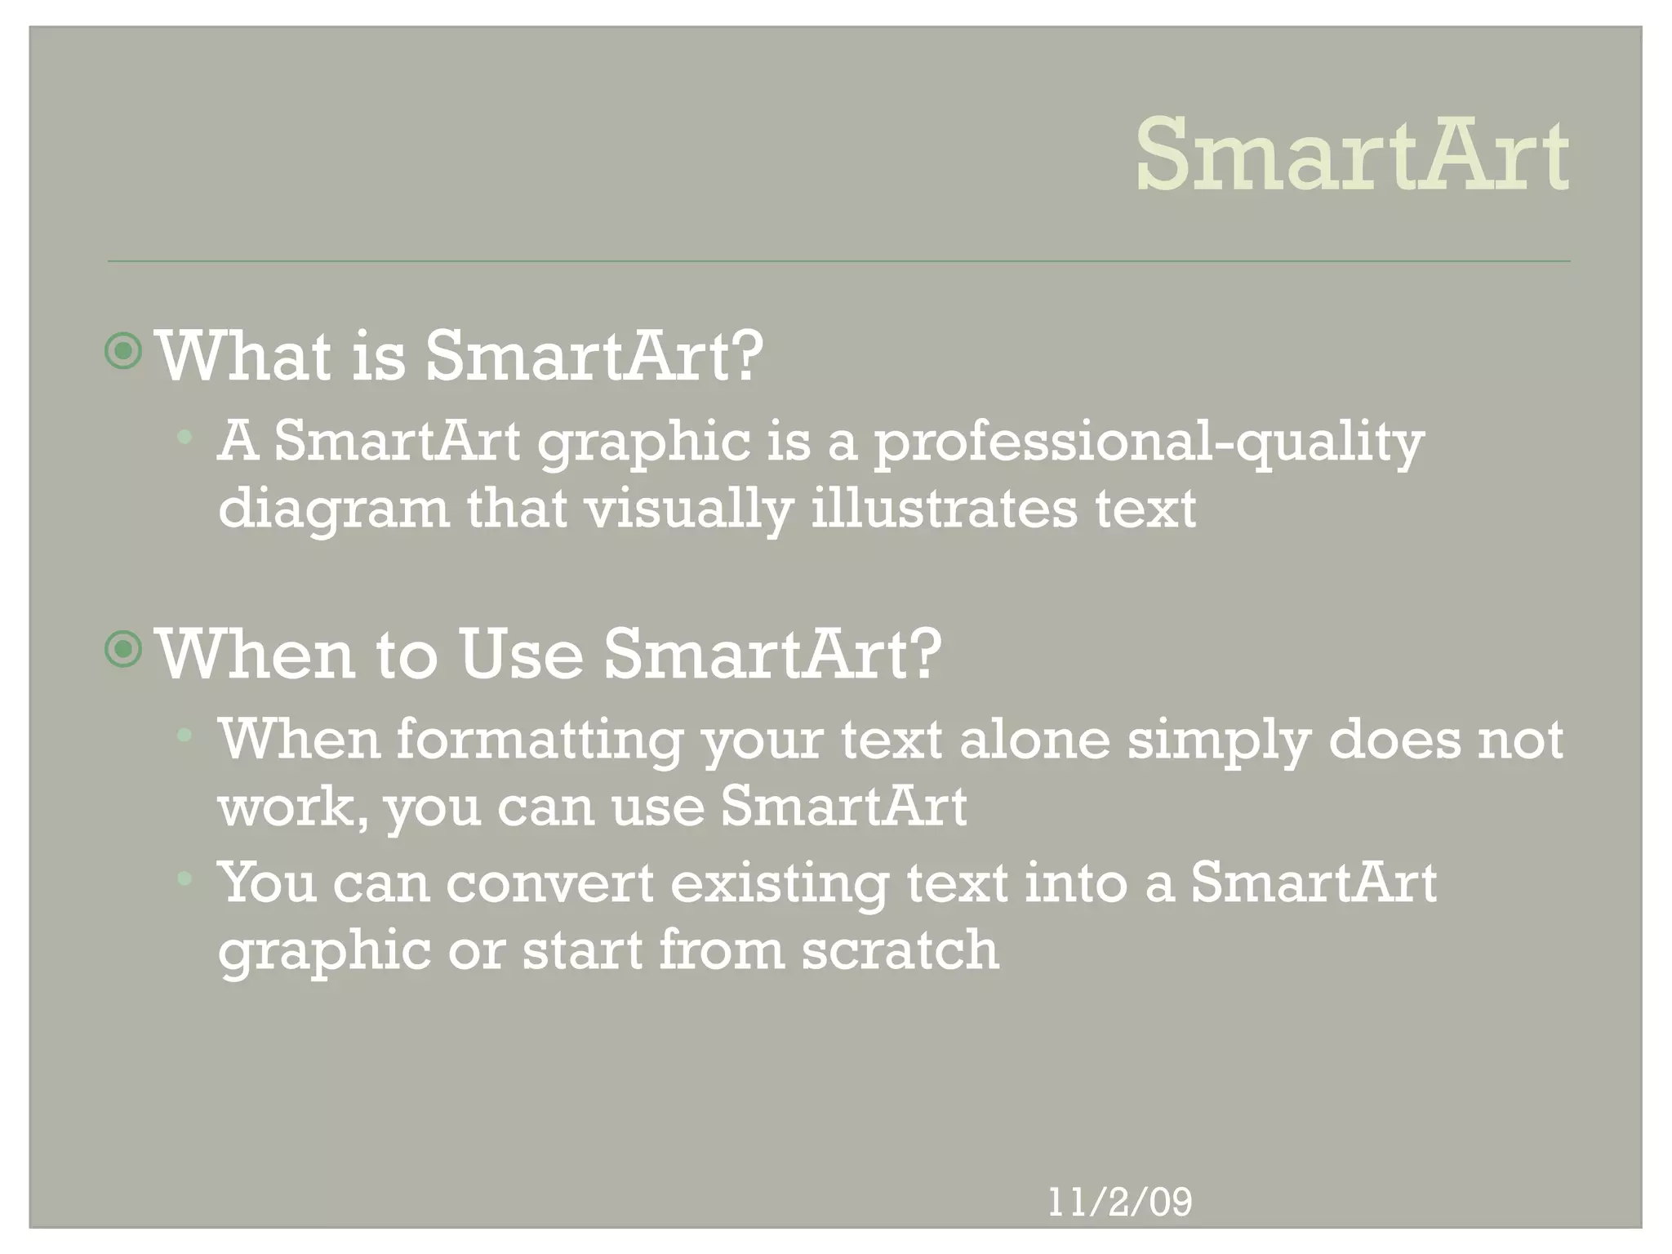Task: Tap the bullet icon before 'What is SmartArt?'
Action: [x=124, y=352]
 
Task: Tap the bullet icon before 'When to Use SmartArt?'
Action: [x=124, y=650]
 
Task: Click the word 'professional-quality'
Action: [x=1149, y=442]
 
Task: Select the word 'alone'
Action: [x=1034, y=740]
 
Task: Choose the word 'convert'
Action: [x=549, y=883]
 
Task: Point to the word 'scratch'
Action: [x=900, y=950]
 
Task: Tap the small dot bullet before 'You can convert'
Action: [x=185, y=879]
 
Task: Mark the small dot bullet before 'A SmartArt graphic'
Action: [x=185, y=437]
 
